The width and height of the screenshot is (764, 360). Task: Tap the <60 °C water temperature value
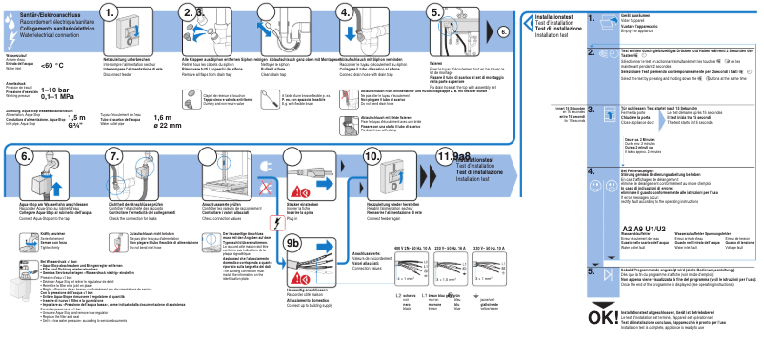pos(51,65)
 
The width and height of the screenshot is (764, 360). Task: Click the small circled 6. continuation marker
pos(504,31)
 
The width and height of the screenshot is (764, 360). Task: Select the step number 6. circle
pos(25,156)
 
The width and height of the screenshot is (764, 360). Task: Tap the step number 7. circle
pos(116,156)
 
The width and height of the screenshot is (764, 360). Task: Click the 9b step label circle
pos(297,270)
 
